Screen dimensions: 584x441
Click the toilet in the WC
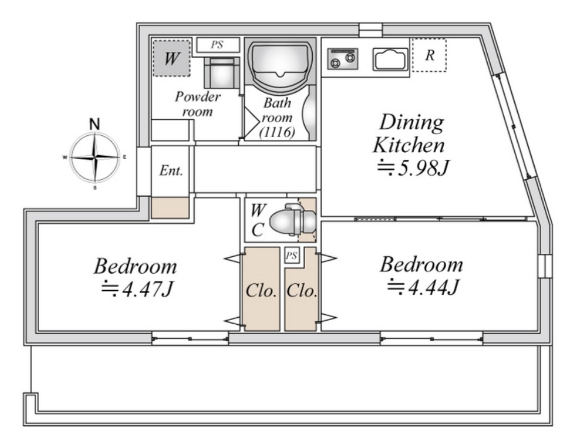click(x=293, y=220)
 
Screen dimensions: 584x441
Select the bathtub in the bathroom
click(x=280, y=66)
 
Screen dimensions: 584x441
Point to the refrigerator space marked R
click(x=429, y=55)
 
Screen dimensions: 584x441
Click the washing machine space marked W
click(x=171, y=58)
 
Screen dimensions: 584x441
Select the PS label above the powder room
click(x=217, y=45)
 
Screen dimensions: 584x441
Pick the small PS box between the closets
click(x=292, y=256)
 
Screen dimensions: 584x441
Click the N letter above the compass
click(x=95, y=124)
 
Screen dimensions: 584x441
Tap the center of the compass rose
click(x=95, y=158)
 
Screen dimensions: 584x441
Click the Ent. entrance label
click(x=171, y=171)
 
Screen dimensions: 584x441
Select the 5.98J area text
click(x=411, y=168)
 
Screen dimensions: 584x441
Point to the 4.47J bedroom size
click(x=138, y=289)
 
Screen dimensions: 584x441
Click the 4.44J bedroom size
click(x=423, y=287)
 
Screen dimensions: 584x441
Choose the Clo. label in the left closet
click(x=261, y=291)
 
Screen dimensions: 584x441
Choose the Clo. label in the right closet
click(x=302, y=291)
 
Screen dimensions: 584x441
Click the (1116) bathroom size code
click(x=277, y=132)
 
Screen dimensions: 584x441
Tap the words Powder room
click(x=198, y=104)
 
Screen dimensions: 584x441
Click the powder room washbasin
click(x=222, y=73)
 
